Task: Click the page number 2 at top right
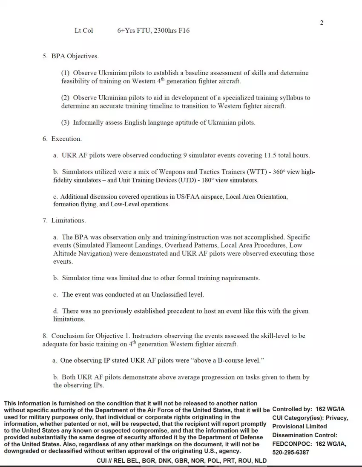(322, 23)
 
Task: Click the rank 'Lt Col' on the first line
(83, 31)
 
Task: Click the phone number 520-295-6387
(291, 452)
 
